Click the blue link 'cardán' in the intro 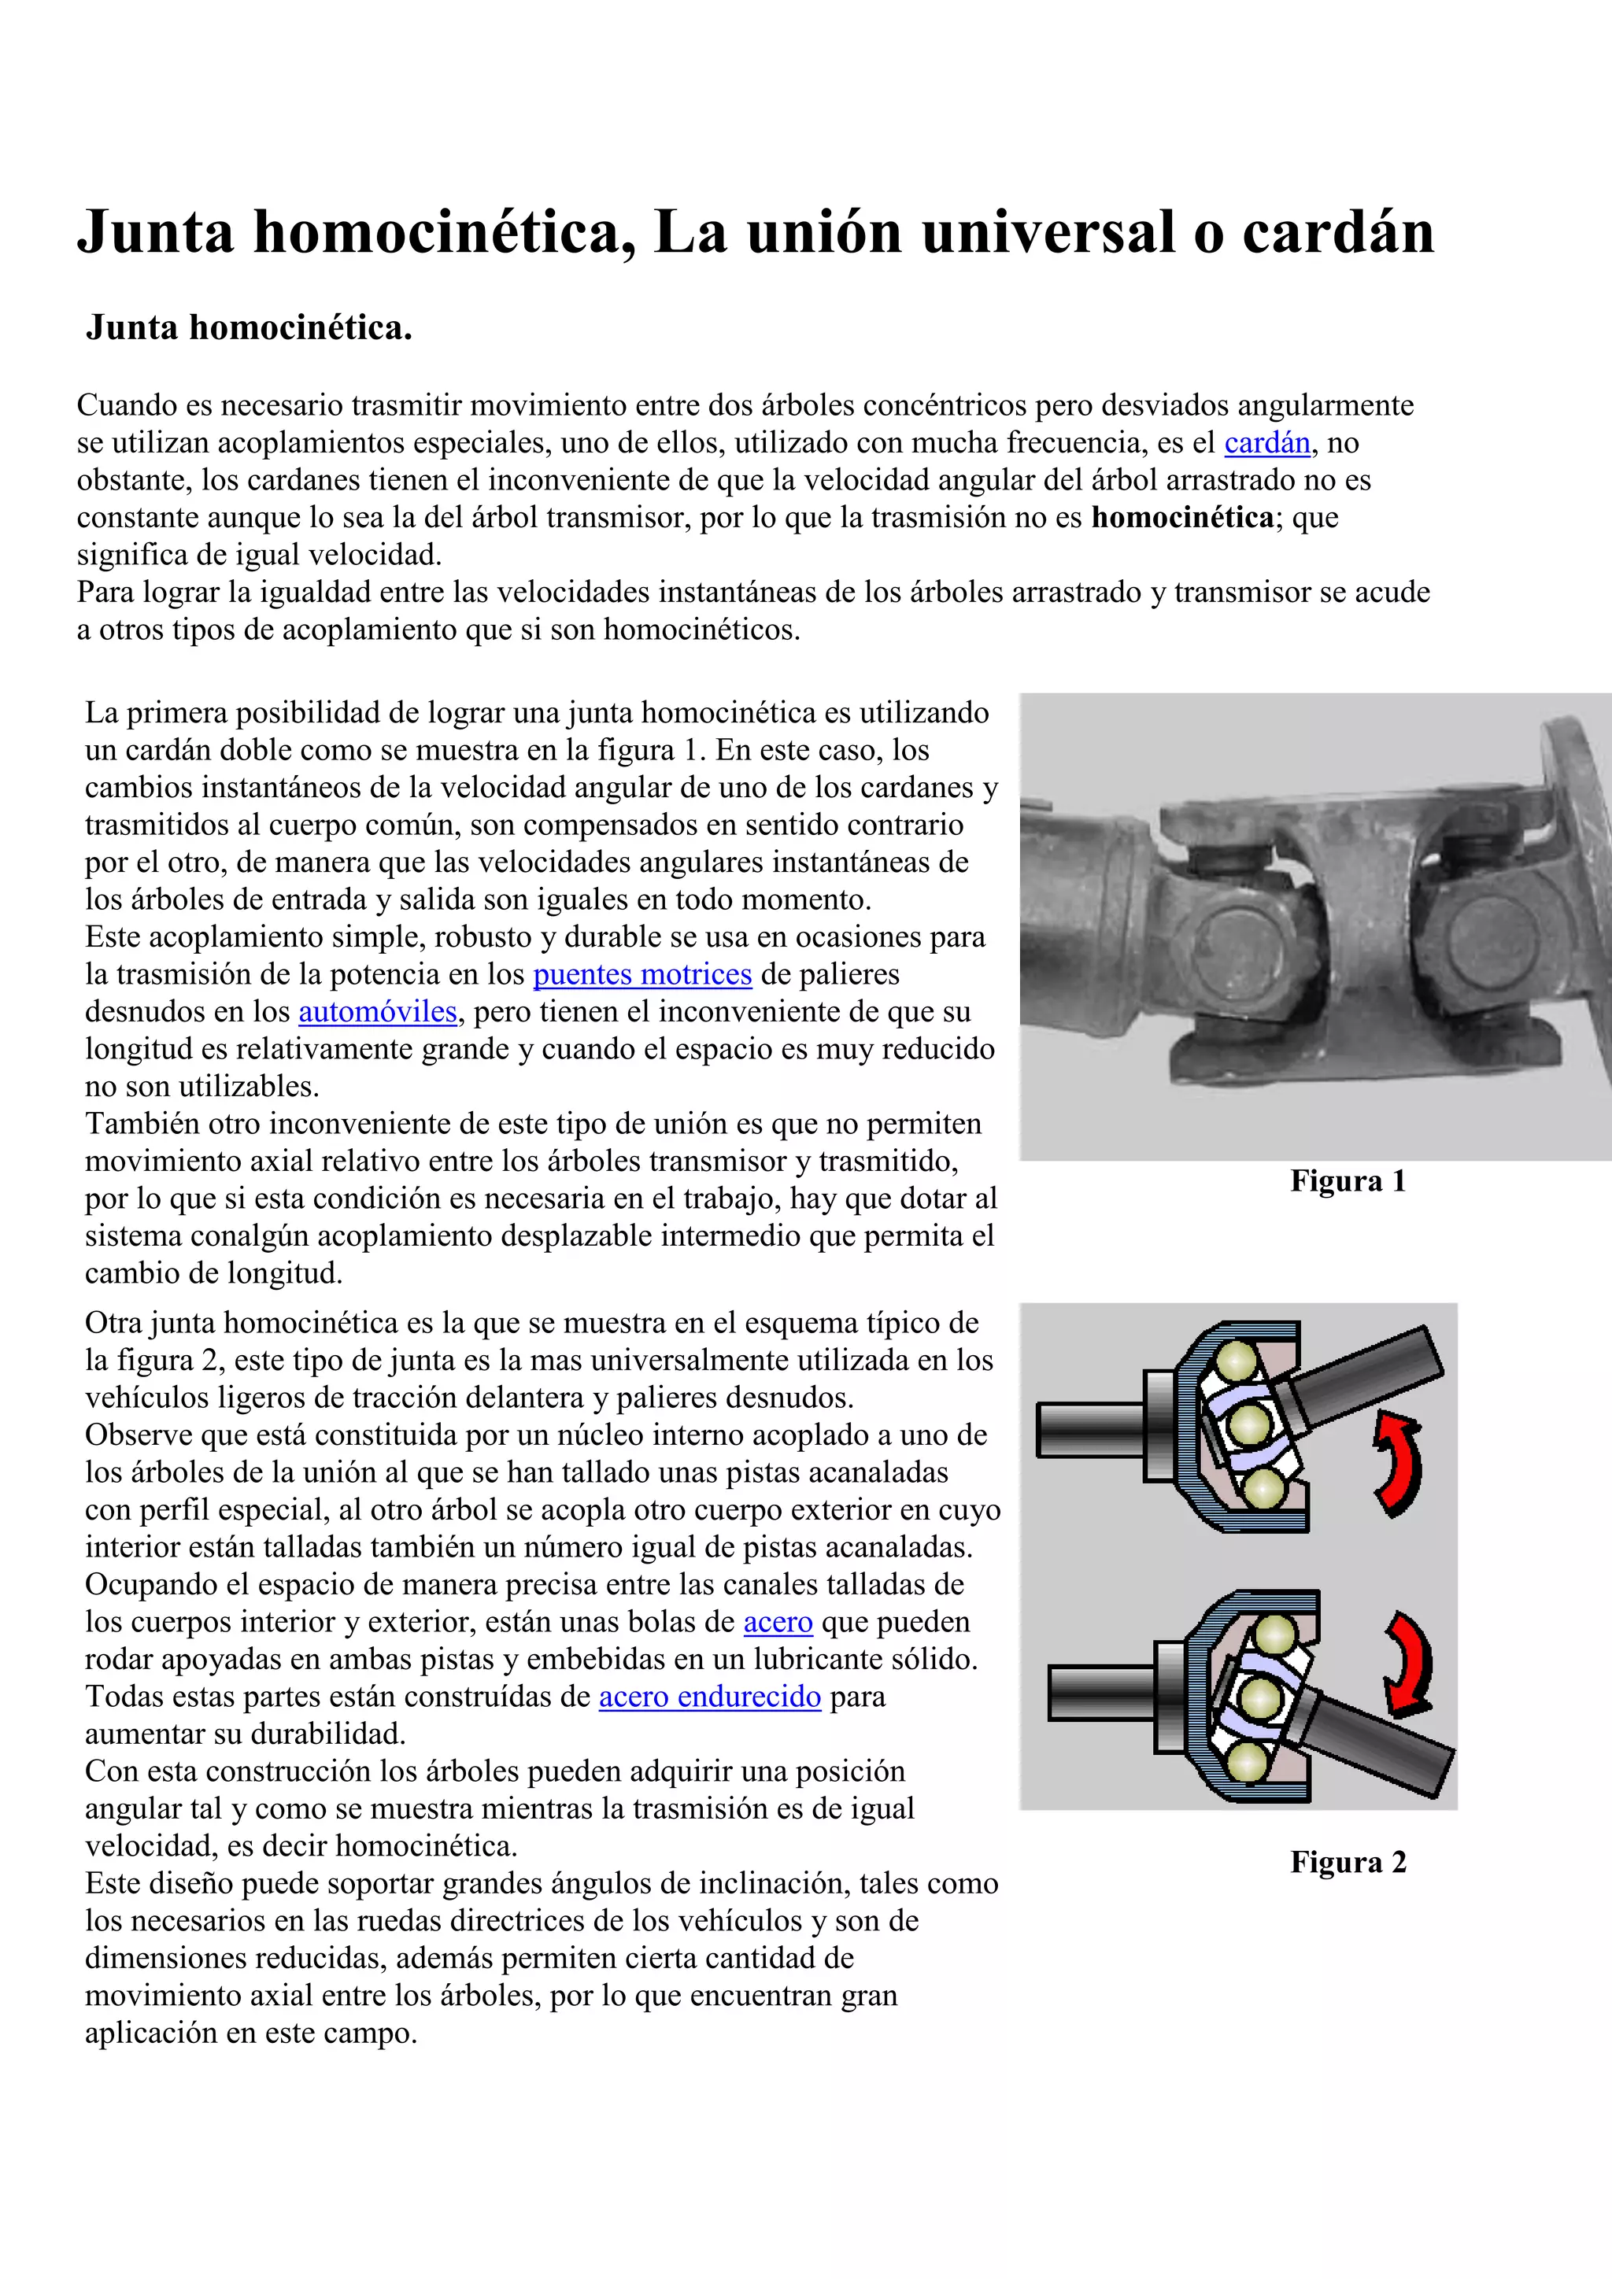click(1266, 443)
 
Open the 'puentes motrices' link click(642, 975)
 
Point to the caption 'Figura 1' click(1347, 1181)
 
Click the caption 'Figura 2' click(1347, 1862)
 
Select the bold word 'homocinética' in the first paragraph click(1181, 517)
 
